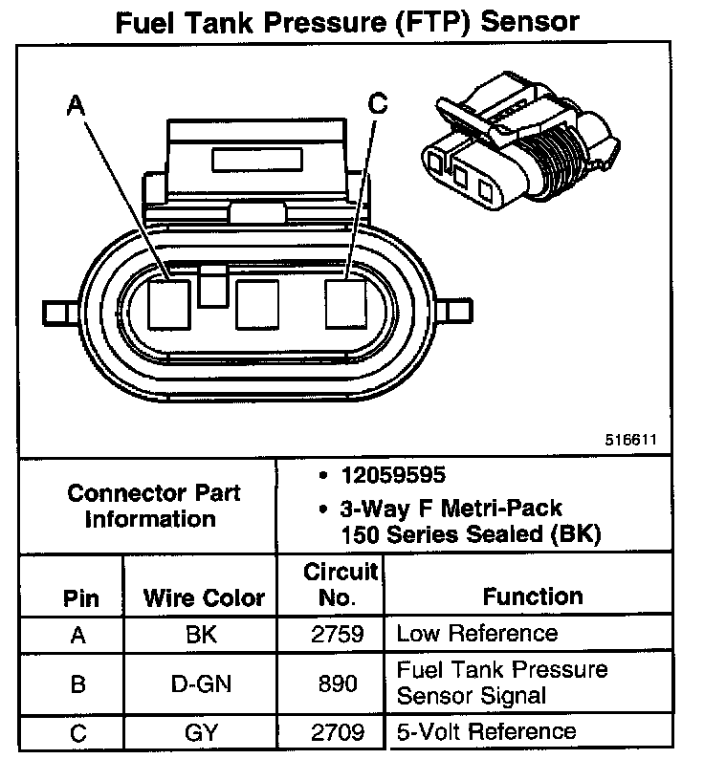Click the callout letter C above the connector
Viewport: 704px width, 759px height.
(x=378, y=104)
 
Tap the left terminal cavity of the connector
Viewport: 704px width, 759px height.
(x=170, y=305)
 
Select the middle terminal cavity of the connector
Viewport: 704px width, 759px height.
(x=256, y=307)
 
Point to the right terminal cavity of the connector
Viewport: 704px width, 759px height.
(x=345, y=305)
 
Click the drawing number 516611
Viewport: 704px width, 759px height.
(x=630, y=442)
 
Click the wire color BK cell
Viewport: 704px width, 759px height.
(x=203, y=634)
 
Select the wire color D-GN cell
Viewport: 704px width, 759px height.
(x=203, y=683)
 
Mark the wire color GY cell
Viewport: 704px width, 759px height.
(x=203, y=733)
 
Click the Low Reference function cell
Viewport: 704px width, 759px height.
(x=476, y=633)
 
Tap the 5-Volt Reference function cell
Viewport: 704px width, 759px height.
(x=486, y=732)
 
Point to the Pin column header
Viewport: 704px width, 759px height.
(x=81, y=598)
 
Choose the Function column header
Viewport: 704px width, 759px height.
(x=533, y=596)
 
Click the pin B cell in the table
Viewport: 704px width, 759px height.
(x=80, y=683)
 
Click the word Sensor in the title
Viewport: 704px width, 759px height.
(x=531, y=21)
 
